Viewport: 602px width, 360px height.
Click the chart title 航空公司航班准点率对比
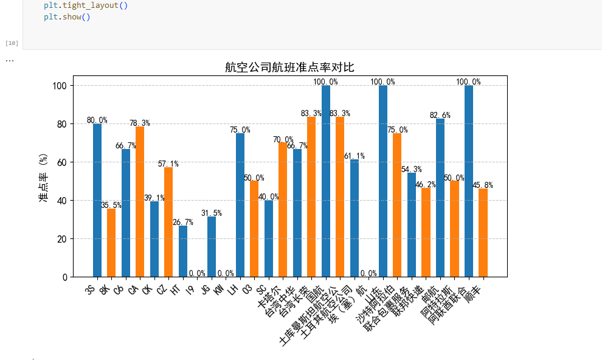pos(289,67)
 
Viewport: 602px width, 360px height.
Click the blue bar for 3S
pos(97,200)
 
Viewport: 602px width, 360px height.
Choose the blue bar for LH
pos(240,205)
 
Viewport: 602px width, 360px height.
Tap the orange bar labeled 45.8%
pos(483,233)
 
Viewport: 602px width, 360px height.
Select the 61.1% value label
pos(354,156)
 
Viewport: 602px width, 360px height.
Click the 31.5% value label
pos(212,213)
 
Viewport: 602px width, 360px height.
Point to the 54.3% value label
pos(412,169)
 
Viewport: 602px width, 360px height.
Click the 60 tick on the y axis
pos(63,162)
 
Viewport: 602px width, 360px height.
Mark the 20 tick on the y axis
pos(63,239)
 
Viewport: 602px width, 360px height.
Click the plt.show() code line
pos(67,16)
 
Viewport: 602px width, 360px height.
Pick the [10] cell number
pos(12,43)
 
